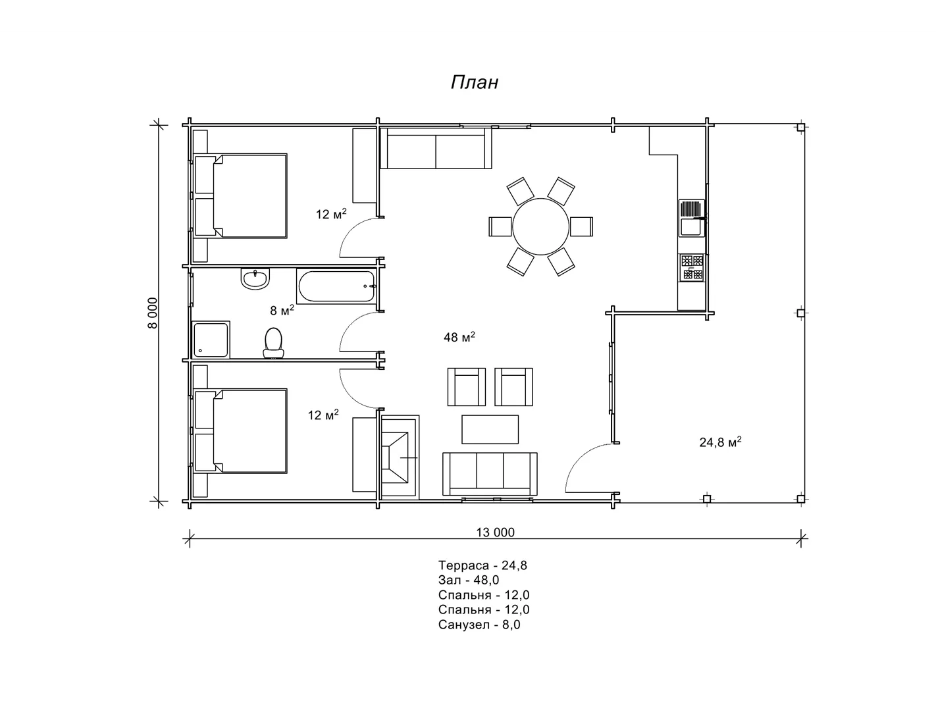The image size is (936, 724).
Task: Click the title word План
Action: (474, 82)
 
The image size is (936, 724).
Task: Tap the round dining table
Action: (540, 226)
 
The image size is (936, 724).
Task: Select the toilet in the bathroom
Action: (273, 344)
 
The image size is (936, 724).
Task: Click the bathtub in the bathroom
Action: (336, 286)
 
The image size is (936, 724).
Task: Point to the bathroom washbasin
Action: (255, 278)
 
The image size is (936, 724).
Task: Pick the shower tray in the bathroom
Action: (211, 340)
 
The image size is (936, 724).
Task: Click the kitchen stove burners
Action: (692, 267)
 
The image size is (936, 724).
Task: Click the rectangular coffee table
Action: (490, 429)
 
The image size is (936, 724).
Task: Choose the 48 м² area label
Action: (459, 337)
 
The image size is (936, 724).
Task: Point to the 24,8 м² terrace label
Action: (720, 442)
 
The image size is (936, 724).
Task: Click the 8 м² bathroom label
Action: (282, 310)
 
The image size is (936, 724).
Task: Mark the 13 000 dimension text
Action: (495, 532)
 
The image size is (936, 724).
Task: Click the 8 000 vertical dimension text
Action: (153, 313)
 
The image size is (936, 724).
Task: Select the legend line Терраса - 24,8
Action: (482, 565)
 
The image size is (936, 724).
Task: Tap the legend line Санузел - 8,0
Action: (479, 625)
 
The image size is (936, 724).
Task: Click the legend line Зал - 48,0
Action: (469, 580)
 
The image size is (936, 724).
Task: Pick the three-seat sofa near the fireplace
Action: (490, 474)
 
